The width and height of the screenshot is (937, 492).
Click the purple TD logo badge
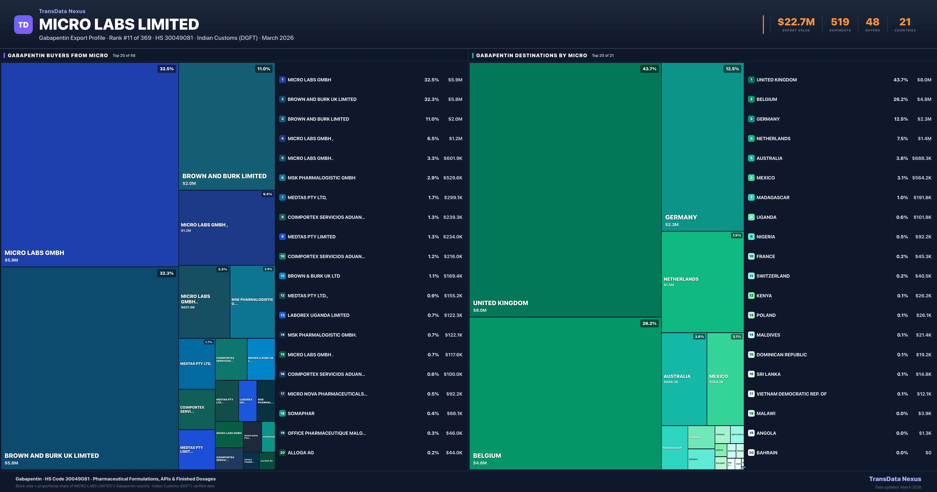(x=23, y=25)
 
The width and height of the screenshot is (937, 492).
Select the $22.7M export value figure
(x=796, y=22)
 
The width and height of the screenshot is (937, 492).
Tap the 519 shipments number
(x=840, y=22)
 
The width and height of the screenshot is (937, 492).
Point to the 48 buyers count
(x=872, y=22)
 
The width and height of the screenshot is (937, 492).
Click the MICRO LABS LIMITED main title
(x=119, y=24)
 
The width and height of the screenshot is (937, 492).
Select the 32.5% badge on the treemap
(x=167, y=69)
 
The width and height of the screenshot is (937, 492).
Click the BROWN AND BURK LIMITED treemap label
(x=224, y=176)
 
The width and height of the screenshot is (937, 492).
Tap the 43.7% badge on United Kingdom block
(x=649, y=69)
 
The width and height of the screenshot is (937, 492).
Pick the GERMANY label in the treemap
(x=681, y=217)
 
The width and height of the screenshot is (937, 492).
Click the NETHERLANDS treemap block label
(x=681, y=279)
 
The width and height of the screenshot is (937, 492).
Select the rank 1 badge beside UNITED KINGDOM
(x=751, y=80)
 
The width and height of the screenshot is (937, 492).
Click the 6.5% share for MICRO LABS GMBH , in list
(x=433, y=139)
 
